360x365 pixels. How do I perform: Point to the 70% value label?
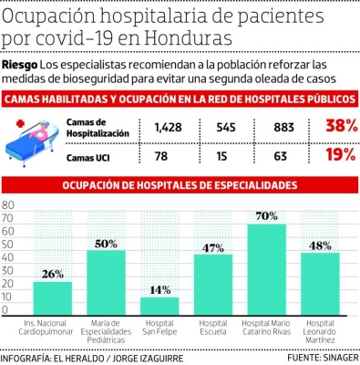266,215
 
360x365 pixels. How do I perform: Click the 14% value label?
159,289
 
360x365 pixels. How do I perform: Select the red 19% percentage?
340,154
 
